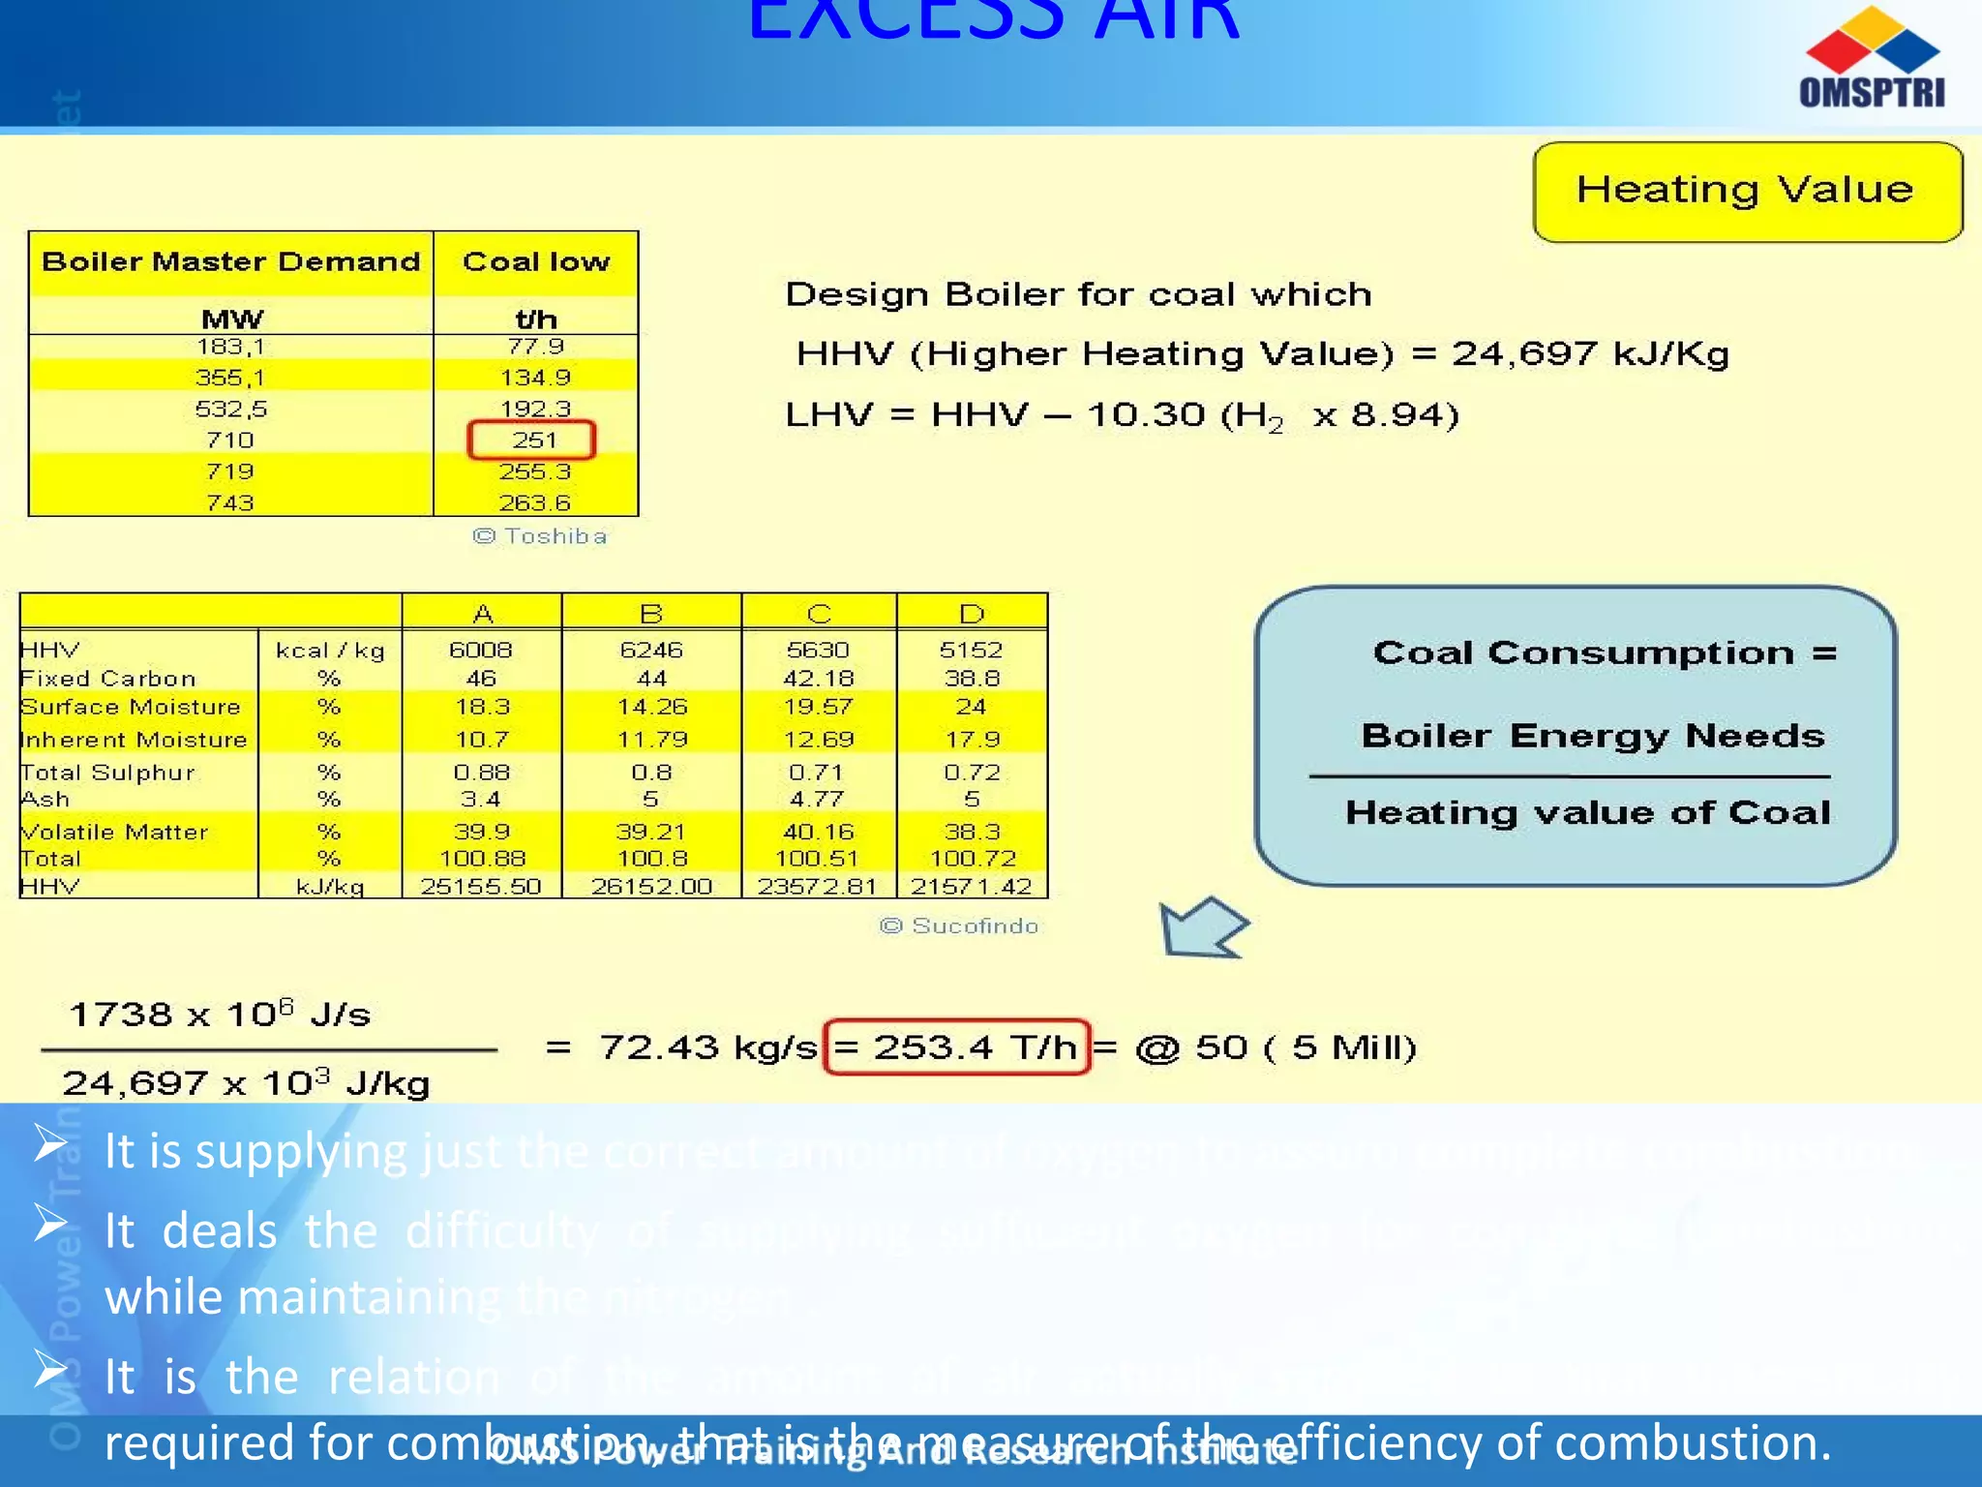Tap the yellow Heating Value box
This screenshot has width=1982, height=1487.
pyautogui.click(x=1747, y=191)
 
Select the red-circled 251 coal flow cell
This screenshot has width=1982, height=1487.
pyautogui.click(x=532, y=440)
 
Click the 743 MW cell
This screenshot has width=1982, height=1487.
pyautogui.click(x=230, y=503)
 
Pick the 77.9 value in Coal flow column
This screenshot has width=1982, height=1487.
pyautogui.click(x=536, y=347)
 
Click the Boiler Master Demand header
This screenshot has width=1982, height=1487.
pyautogui.click(x=231, y=262)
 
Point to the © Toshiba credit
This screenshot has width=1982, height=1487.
pyautogui.click(x=540, y=536)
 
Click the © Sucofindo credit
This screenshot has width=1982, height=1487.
pyautogui.click(x=959, y=926)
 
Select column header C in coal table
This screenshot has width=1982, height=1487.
pyautogui.click(x=819, y=614)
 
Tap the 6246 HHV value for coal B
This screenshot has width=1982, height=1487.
pyautogui.click(x=651, y=650)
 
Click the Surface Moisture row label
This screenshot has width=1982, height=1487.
pyautogui.click(x=131, y=708)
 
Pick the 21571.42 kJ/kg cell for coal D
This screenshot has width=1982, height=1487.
pyautogui.click(x=972, y=887)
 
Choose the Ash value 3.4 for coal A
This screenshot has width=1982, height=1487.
pyautogui.click(x=481, y=800)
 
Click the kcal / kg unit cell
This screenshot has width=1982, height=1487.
pyautogui.click(x=330, y=651)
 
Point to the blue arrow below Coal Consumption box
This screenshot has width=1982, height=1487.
pyautogui.click(x=1200, y=928)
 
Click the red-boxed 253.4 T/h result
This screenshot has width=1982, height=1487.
pyautogui.click(x=957, y=1047)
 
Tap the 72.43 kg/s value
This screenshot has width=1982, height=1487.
pyautogui.click(x=708, y=1047)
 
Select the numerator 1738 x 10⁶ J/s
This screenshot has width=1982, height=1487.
pyautogui.click(x=221, y=1015)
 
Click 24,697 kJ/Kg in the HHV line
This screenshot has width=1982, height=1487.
pyautogui.click(x=1590, y=354)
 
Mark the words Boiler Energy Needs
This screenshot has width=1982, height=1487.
pyautogui.click(x=1593, y=737)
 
